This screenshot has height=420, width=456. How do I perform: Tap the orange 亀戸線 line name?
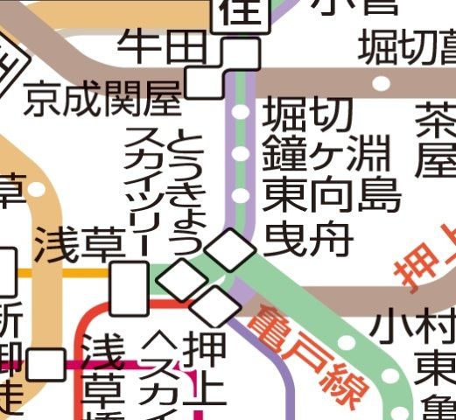[x=305, y=358]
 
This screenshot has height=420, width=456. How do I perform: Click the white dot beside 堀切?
[x=241, y=113]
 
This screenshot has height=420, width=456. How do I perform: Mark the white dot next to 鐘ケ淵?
[x=241, y=154]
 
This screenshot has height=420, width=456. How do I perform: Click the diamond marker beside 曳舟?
[x=232, y=250]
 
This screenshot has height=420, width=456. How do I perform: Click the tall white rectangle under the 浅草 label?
[x=130, y=290]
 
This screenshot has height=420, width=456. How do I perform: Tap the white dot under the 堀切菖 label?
[x=382, y=84]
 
